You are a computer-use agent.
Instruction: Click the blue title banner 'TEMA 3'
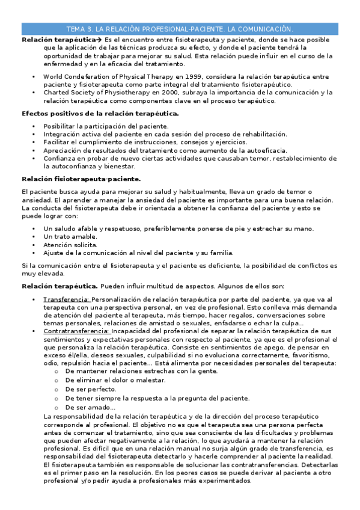coord(180,28)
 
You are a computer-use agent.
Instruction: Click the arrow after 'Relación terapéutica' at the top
coord(100,39)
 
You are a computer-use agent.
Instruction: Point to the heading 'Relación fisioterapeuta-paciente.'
coord(81,179)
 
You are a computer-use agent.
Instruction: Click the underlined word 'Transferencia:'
coord(66,299)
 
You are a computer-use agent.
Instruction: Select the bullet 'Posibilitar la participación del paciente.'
coord(106,126)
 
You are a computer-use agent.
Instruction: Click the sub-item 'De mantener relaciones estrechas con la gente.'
coord(141,371)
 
